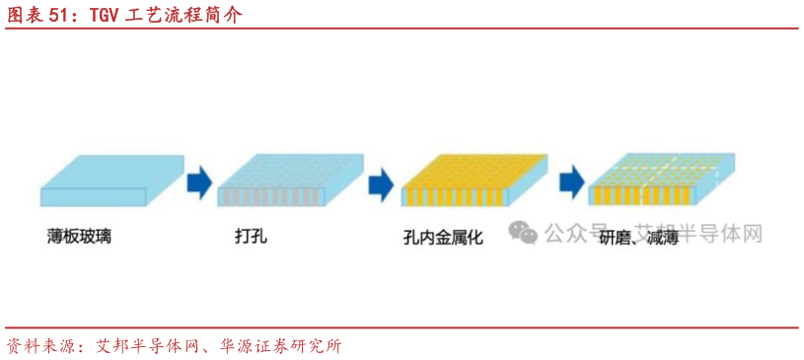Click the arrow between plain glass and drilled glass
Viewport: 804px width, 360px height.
tap(199, 180)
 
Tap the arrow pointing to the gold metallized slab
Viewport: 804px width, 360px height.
tap(381, 181)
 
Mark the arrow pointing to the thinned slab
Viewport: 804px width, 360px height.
tap(570, 181)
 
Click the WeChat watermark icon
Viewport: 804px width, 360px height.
tap(523, 232)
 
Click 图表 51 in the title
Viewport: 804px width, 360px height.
tap(40, 17)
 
